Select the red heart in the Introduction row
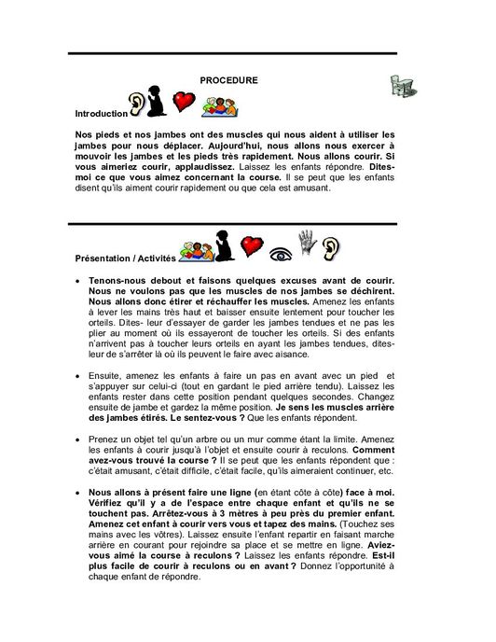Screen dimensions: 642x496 (184, 101)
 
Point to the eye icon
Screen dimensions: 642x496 (277, 251)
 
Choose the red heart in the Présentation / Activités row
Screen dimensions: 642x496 (249, 247)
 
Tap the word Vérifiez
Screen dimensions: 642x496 (113, 500)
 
